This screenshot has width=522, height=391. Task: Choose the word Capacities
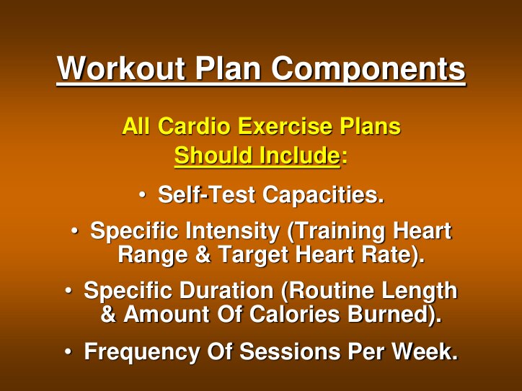[322, 194]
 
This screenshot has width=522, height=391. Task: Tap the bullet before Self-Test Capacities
[143, 194]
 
